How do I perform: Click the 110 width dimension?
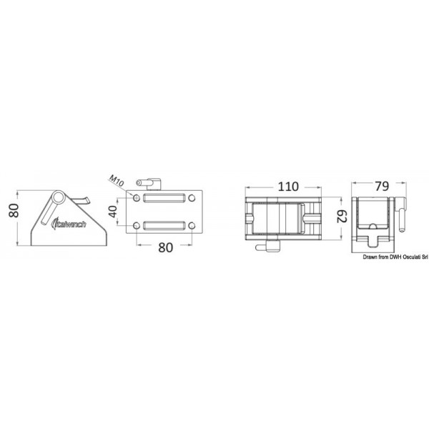pyautogui.click(x=289, y=187)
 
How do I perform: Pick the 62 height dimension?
pyautogui.click(x=342, y=214)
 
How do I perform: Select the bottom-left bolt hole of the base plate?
pyautogui.click(x=137, y=227)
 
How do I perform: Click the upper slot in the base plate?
pyautogui.click(x=164, y=199)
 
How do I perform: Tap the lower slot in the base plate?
pyautogui.click(x=164, y=226)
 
